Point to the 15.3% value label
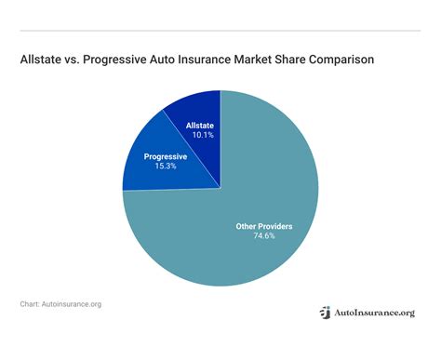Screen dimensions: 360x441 [165, 167]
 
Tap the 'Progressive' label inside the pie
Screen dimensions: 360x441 [165, 156]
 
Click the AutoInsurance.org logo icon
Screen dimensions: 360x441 [325, 313]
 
